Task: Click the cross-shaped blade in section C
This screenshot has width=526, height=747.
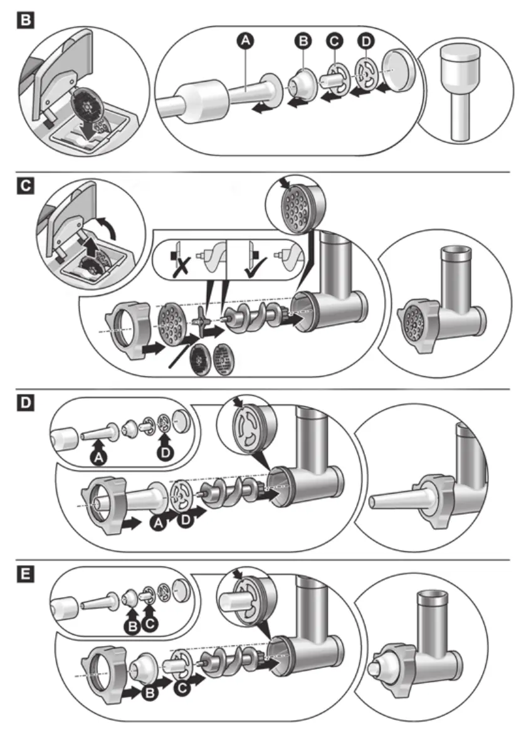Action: click(201, 321)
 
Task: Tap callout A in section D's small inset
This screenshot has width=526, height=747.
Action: click(97, 458)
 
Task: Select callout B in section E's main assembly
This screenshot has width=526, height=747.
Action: click(150, 693)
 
